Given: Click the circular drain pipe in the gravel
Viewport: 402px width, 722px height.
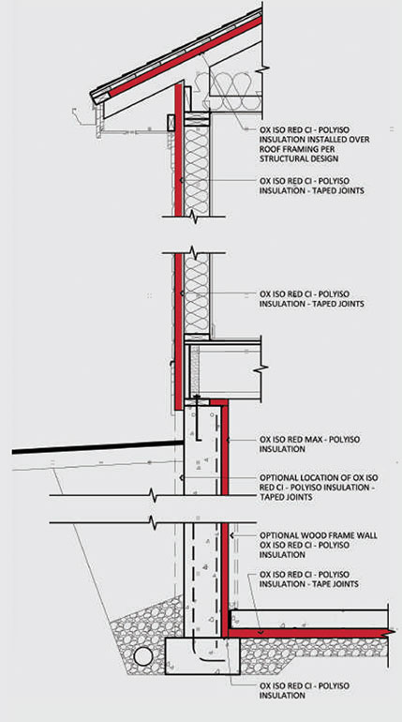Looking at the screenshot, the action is pyautogui.click(x=143, y=655).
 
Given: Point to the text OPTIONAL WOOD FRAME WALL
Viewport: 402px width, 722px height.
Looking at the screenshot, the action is pyautogui.click(x=319, y=535).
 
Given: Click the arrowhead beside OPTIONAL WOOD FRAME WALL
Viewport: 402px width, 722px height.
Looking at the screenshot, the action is pyautogui.click(x=231, y=535).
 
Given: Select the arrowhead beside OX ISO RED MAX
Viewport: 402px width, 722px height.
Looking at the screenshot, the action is pyautogui.click(x=229, y=440).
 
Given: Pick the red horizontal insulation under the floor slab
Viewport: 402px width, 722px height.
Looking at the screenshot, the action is pyautogui.click(x=309, y=633).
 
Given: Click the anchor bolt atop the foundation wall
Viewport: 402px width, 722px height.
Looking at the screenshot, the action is pyautogui.click(x=198, y=415).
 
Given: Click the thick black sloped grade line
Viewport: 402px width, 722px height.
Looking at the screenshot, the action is pyautogui.click(x=97, y=447).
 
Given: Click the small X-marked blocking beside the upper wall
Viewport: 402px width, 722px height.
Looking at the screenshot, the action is pyautogui.click(x=170, y=123).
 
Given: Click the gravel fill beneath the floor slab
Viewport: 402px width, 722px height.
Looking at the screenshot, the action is pyautogui.click(x=313, y=651).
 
